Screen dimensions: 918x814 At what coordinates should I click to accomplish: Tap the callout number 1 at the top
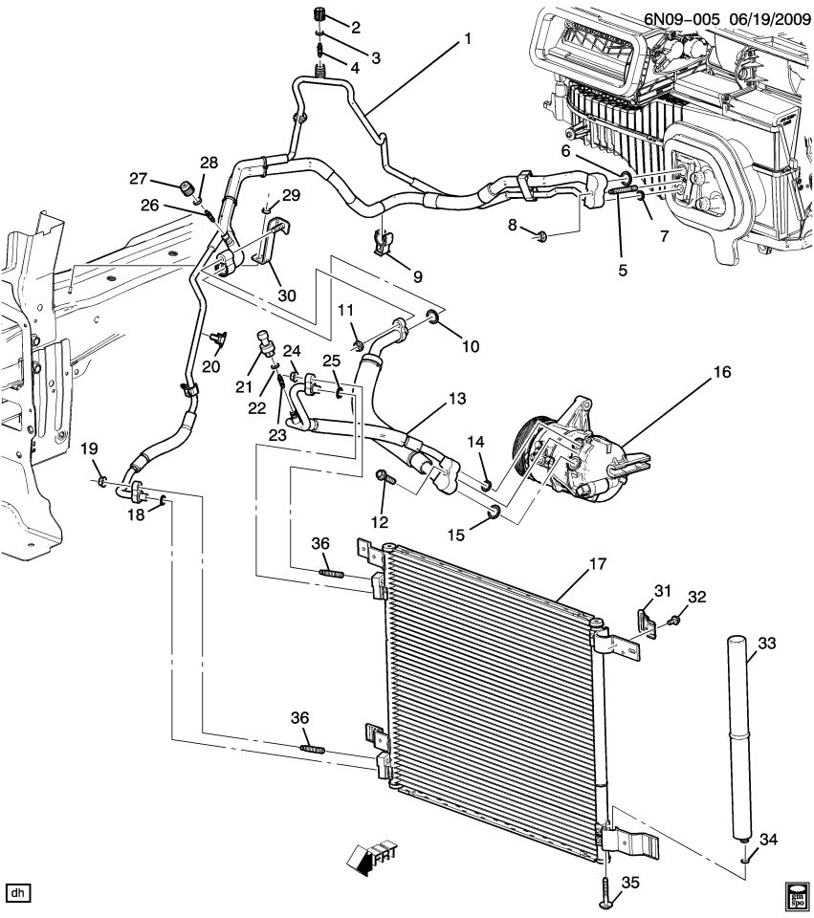pyautogui.click(x=468, y=39)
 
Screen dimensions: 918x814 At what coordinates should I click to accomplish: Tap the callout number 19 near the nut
pyautogui.click(x=88, y=448)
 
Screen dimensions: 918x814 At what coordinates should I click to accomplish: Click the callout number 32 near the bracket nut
pyautogui.click(x=696, y=598)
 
